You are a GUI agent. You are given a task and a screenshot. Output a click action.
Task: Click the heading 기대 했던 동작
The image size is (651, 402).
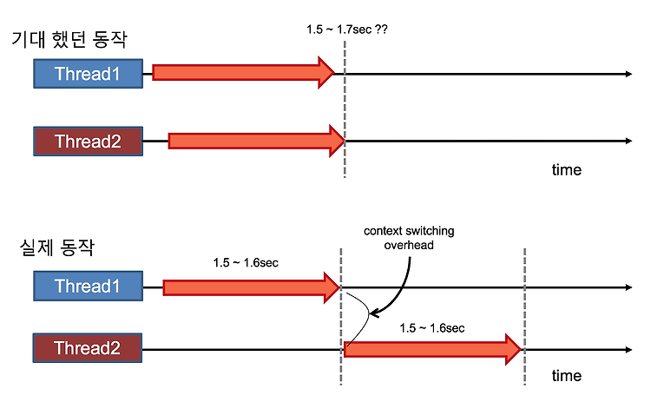69,39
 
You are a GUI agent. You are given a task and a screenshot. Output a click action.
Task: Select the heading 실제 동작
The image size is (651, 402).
57,247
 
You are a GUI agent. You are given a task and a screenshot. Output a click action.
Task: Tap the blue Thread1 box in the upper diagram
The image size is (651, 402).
88,74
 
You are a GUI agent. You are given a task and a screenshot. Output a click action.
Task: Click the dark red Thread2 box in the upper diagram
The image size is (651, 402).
88,142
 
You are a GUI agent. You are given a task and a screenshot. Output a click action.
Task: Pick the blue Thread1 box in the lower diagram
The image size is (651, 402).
88,287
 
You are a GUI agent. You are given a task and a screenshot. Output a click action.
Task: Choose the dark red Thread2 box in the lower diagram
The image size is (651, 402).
88,348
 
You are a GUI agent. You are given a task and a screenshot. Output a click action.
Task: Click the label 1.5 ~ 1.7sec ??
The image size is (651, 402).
347,30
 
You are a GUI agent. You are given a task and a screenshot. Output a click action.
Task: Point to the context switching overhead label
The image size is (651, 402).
409,238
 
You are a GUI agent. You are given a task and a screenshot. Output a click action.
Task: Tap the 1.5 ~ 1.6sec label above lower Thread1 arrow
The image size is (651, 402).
246,263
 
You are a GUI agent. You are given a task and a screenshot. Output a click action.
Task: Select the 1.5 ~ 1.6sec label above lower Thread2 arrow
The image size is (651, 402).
431,328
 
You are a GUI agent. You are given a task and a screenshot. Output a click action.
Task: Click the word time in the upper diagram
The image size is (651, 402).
567,170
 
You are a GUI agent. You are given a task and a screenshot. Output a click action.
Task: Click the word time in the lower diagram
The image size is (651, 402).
567,376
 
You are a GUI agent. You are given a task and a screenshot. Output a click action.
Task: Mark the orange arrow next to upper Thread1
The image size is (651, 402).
243,73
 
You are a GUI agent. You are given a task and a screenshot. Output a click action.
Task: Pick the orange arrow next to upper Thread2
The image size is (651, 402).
257,141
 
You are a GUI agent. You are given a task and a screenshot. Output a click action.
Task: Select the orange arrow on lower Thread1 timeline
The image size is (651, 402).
252,287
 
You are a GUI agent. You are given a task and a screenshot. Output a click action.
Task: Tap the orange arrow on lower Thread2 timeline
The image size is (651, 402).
432,350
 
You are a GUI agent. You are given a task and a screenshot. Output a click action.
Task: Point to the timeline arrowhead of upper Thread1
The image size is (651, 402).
628,74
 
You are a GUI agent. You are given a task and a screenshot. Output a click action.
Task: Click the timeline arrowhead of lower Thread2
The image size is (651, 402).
628,350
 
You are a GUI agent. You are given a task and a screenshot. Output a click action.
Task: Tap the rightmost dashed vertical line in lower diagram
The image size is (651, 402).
525,316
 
